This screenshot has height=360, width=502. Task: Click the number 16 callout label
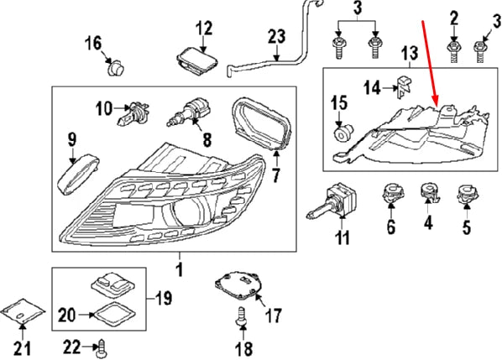tap(92, 42)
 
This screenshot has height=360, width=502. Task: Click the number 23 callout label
tap(276, 36)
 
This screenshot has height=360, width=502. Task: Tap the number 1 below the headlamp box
tap(178, 269)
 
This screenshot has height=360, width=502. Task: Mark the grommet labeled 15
tap(342, 133)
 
